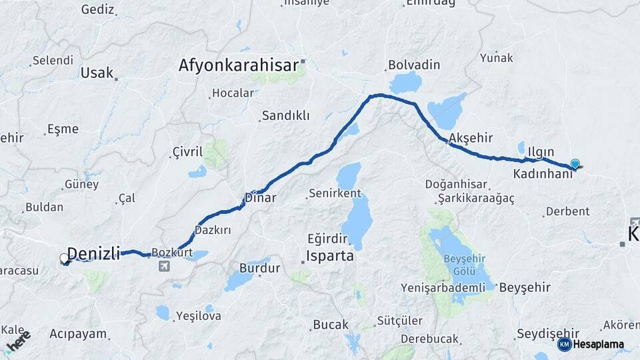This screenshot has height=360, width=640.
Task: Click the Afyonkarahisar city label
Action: (x=237, y=65)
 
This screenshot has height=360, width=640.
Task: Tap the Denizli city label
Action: (x=94, y=253)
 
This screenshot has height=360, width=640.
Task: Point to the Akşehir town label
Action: (x=471, y=138)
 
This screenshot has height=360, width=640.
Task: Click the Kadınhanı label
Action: (x=543, y=174)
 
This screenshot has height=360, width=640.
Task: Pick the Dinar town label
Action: (x=260, y=197)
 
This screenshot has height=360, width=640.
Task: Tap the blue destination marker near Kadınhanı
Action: (x=575, y=163)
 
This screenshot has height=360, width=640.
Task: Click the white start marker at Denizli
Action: (x=64, y=258)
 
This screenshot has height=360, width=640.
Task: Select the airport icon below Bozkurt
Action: (x=164, y=267)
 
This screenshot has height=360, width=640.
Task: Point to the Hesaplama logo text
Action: (x=599, y=345)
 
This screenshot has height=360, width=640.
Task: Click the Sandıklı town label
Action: (x=285, y=115)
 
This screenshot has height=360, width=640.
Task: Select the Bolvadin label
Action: (x=413, y=65)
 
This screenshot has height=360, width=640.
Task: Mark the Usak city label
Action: (x=97, y=73)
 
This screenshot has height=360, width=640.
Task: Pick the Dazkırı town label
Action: (x=213, y=230)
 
